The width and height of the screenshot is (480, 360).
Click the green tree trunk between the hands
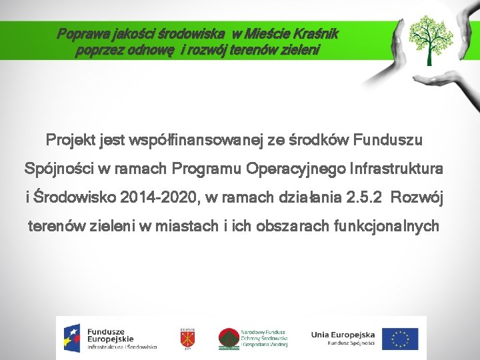(x=429, y=56)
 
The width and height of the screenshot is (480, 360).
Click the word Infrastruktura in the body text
(x=396, y=169)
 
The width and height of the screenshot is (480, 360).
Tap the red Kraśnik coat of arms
(x=187, y=339)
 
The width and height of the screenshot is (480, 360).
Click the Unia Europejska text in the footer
(x=343, y=335)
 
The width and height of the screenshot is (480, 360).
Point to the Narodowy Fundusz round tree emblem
(x=229, y=339)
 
